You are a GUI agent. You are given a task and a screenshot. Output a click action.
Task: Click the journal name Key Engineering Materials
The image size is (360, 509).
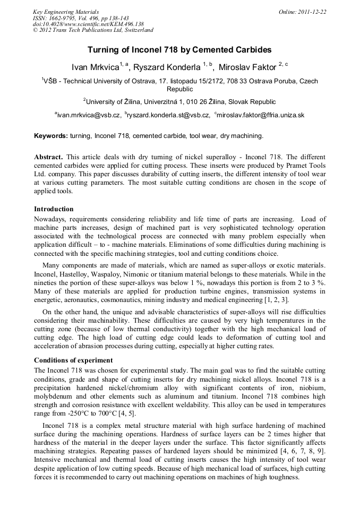click(x=65, y=11)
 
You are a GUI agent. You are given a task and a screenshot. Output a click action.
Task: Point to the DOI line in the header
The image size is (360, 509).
click(x=88, y=24)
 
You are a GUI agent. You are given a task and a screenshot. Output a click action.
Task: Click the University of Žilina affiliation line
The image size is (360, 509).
click(x=179, y=101)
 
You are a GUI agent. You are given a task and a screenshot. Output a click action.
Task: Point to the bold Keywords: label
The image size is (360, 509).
click(x=51, y=136)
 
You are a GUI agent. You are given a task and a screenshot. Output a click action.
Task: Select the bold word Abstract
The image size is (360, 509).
click(x=48, y=158)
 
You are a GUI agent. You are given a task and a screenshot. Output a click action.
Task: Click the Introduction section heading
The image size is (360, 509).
click(x=54, y=209)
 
